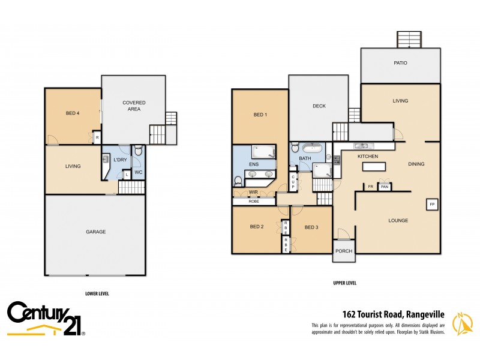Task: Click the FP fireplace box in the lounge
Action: (431, 205)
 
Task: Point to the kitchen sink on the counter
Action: (364, 146)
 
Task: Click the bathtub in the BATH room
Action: (312, 148)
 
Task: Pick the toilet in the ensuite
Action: (238, 179)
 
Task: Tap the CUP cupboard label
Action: (293, 182)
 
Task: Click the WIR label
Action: (253, 192)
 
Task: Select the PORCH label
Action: (343, 251)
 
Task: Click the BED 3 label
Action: (311, 227)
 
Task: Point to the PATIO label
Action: (400, 62)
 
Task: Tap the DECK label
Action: (319, 106)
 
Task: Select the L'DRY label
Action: (121, 160)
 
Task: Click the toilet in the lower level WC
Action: (137, 151)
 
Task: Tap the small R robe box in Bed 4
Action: (97, 137)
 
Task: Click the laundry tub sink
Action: (106, 160)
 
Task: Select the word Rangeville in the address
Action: (425, 313)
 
